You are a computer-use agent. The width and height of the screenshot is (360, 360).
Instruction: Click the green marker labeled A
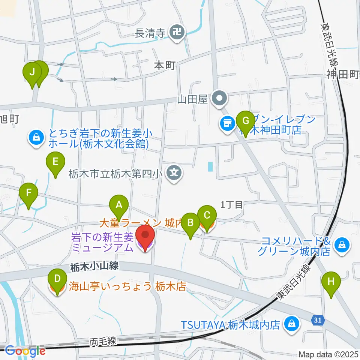[119, 205]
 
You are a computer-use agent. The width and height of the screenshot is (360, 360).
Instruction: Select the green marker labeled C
[207, 216]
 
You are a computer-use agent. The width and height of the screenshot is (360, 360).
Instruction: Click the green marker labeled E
[55, 162]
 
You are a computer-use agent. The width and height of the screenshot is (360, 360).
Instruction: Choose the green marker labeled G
[246, 121]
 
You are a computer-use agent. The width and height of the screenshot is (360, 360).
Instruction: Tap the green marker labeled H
[331, 282]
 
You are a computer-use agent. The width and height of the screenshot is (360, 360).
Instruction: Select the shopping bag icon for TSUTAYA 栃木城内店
[291, 323]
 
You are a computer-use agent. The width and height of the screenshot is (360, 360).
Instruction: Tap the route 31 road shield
[317, 319]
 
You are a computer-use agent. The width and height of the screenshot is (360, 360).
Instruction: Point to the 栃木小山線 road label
[94, 267]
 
